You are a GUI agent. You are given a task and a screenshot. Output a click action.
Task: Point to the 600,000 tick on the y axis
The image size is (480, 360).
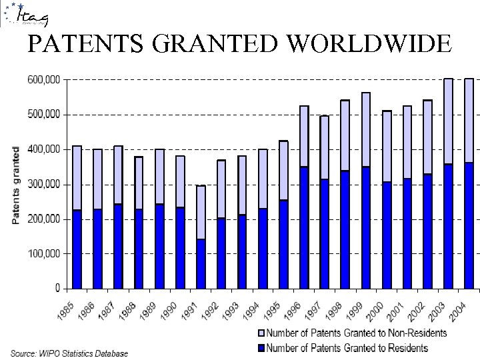(x=42, y=79)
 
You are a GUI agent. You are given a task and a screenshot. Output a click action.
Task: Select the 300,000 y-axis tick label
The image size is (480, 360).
(x=42, y=184)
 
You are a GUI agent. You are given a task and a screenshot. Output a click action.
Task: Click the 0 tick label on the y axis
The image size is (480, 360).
(x=57, y=289)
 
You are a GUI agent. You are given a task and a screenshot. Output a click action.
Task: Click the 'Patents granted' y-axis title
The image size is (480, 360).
(x=16, y=185)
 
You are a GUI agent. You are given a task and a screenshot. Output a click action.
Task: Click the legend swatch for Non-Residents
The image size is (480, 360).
(x=261, y=333)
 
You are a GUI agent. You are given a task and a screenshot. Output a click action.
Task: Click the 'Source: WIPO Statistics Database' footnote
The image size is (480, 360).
(x=69, y=353)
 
